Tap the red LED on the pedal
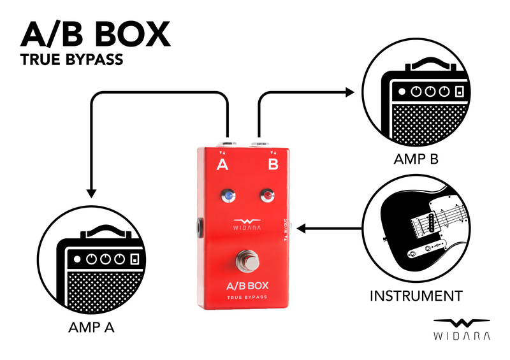click(x=268, y=195)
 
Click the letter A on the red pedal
click(x=222, y=166)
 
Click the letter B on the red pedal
click(x=273, y=166)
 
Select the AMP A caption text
click(x=91, y=329)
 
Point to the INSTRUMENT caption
click(x=416, y=296)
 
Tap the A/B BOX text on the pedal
click(x=247, y=285)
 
